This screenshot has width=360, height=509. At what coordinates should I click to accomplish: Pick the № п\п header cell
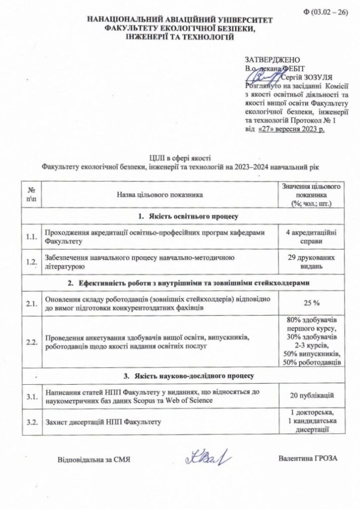pos(32,195)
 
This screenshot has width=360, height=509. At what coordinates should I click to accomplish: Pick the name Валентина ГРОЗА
pos(308,458)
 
